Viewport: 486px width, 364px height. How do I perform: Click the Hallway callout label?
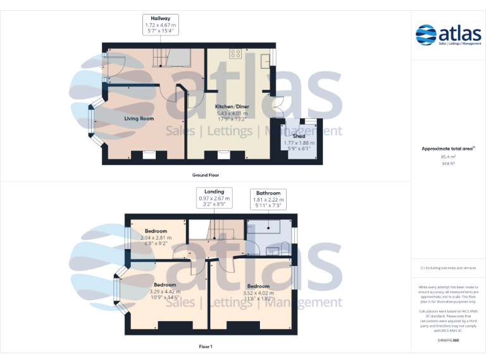(160, 25)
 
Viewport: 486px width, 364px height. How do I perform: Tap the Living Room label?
(139, 118)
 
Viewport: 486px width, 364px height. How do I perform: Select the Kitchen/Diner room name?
(232, 107)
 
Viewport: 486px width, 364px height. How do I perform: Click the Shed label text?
(299, 136)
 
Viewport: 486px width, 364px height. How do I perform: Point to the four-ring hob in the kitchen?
(235, 54)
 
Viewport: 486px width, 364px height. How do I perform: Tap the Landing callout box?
(214, 198)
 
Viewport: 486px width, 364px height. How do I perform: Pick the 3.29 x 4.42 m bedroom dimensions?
(165, 291)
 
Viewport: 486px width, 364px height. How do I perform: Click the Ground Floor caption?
(206, 174)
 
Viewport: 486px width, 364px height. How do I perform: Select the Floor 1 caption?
(206, 346)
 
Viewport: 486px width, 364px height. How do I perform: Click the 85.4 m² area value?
(448, 156)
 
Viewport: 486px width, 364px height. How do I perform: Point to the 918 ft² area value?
(448, 163)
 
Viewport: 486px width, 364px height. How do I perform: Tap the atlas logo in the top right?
(448, 35)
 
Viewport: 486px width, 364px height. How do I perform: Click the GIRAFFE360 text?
(448, 340)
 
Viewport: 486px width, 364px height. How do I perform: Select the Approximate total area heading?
(448, 148)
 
